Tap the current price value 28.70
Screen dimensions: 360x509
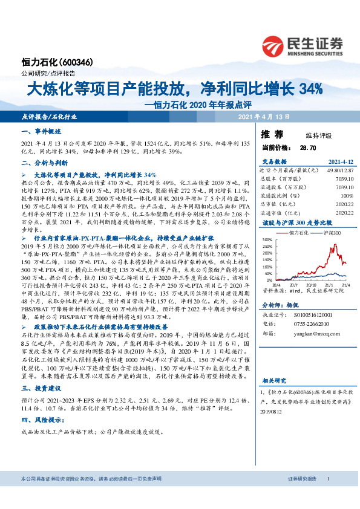click(x=300, y=147)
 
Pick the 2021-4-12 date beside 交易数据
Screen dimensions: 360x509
click(x=340, y=162)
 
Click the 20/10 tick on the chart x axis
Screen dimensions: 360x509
click(x=313, y=285)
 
